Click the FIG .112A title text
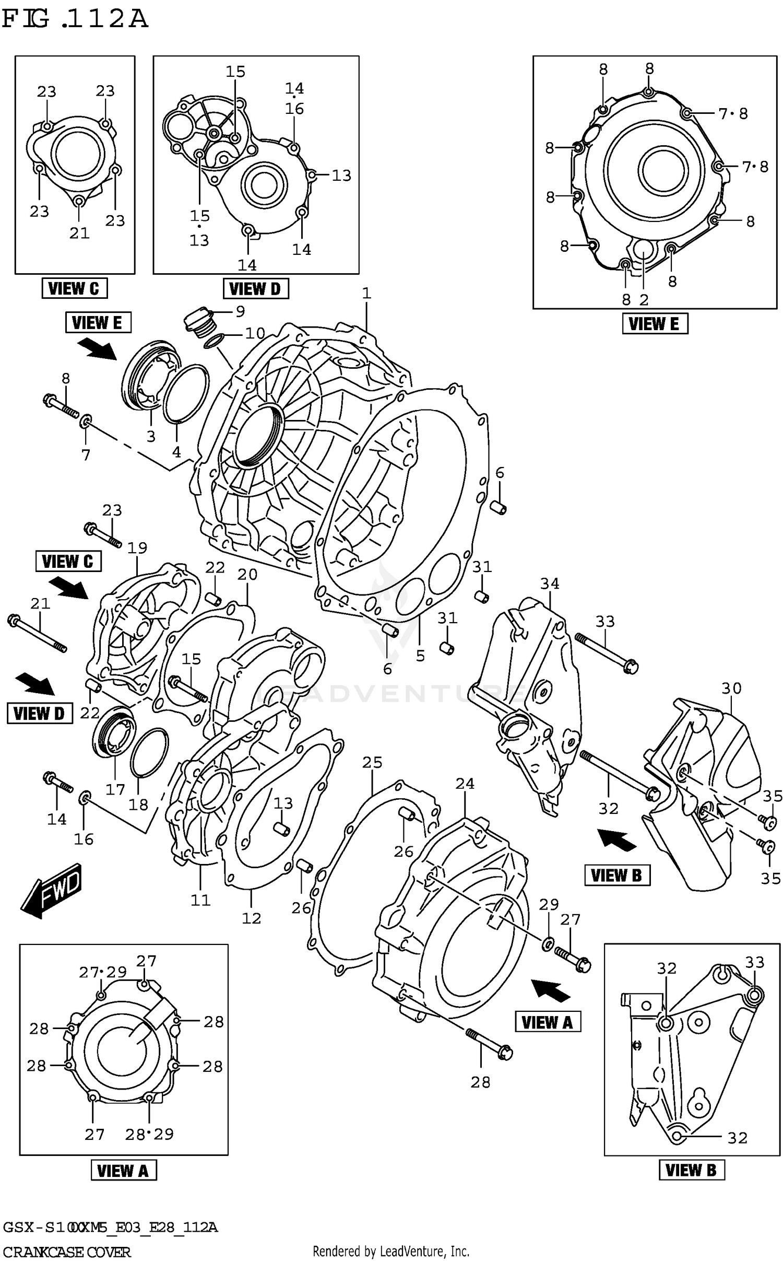(x=75, y=20)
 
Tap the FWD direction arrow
(x=51, y=890)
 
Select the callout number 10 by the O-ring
(x=255, y=333)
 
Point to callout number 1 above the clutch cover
(x=366, y=293)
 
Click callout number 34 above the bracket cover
(x=549, y=583)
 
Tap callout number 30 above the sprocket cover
(x=731, y=688)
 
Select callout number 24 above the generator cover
(x=465, y=784)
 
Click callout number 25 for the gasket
(x=372, y=763)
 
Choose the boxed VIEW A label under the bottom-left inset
(x=124, y=1171)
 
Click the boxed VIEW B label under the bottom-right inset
(x=691, y=1170)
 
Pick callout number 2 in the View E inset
(x=644, y=300)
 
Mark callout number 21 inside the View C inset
(x=79, y=233)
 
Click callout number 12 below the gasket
(x=251, y=918)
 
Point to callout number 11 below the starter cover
(x=200, y=900)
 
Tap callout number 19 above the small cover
(x=137, y=548)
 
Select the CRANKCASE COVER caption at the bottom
(x=66, y=1252)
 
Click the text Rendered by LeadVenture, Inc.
(x=390, y=1251)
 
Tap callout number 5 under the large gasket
(x=420, y=656)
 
